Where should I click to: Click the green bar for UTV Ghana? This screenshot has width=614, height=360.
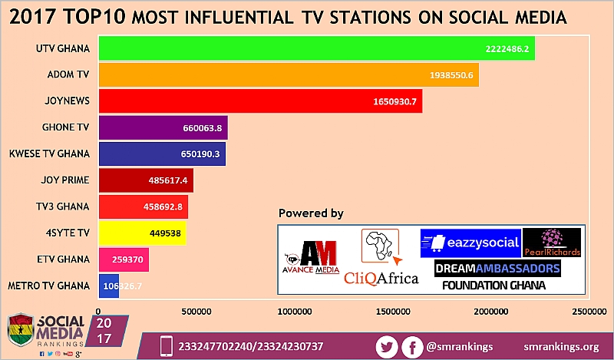316,48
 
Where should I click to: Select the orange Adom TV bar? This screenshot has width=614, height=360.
289,74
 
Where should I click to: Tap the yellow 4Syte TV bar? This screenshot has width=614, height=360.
143,233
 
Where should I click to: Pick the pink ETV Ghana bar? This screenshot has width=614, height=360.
124,259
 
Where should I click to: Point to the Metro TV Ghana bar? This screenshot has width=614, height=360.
109,286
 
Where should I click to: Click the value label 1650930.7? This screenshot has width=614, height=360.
394,101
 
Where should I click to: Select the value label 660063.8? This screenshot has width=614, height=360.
202,127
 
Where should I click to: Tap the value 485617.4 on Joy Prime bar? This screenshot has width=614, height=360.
167,180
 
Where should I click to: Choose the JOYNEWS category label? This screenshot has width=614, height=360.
67,101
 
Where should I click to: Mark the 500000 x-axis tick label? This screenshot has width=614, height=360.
196,312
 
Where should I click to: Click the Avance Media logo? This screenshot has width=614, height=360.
311,262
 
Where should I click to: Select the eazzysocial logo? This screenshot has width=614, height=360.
470,243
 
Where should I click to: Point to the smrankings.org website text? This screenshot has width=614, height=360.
561,346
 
